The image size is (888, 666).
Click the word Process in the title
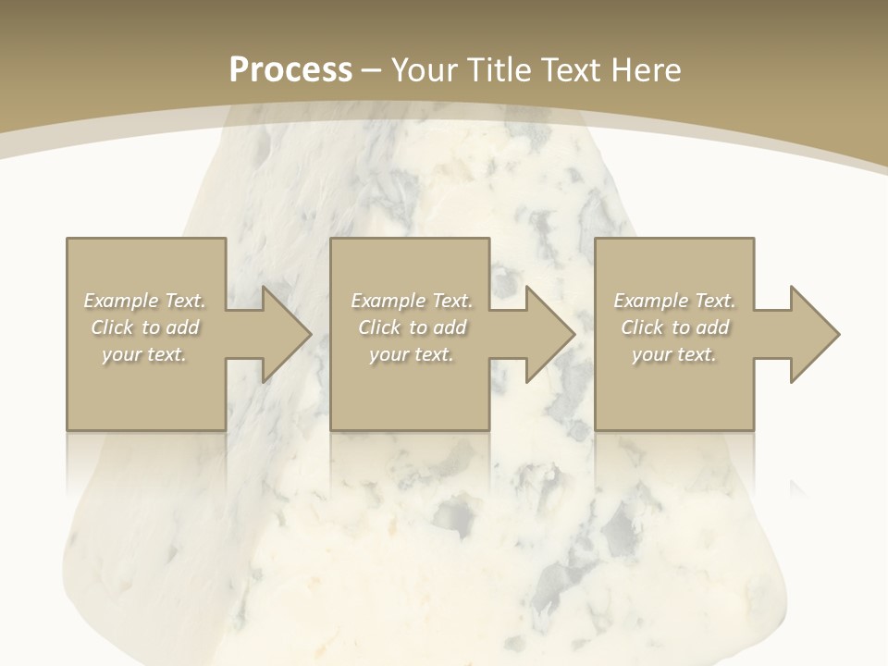(290, 70)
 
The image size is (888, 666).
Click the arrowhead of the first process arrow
(286, 334)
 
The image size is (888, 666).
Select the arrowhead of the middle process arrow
(549, 334)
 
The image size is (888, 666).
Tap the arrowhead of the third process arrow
(813, 334)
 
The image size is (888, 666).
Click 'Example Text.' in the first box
(145, 301)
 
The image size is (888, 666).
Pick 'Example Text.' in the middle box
(412, 301)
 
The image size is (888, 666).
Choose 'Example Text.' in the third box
(674, 301)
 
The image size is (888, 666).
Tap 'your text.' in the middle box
(411, 354)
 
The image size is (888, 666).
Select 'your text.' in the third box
(673, 354)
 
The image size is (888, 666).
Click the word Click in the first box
(112, 327)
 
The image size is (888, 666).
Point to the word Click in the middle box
(379, 327)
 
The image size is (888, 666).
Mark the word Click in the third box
(642, 327)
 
